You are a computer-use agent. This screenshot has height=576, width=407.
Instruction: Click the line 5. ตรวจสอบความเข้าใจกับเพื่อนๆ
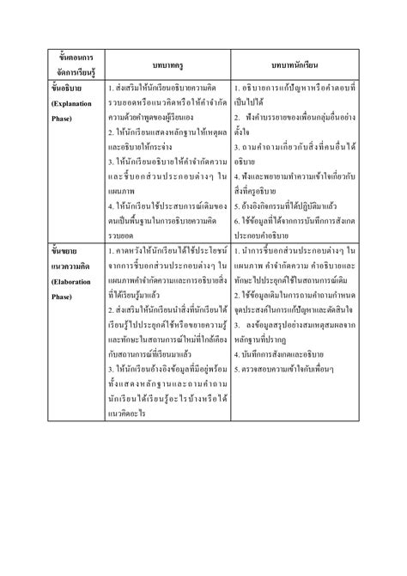pyautogui.click(x=292, y=357)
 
